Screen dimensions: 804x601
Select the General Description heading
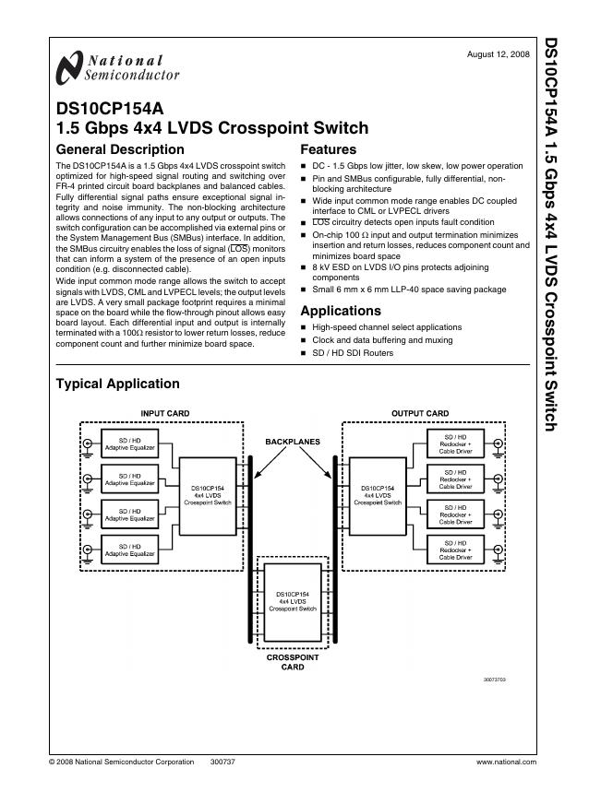click(120, 149)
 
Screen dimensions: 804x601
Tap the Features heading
click(329, 149)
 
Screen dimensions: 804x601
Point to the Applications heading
click(341, 311)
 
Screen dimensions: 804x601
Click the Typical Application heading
click(118, 384)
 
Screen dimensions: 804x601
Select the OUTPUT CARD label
click(420, 413)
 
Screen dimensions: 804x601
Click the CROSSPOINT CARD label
click(292, 661)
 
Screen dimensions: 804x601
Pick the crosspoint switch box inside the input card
click(205, 496)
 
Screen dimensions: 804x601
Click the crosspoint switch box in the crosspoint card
click(292, 601)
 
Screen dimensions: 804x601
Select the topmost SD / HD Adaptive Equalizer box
click(129, 443)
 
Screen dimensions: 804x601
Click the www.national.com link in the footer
click(506, 762)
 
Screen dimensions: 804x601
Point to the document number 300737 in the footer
click(223, 762)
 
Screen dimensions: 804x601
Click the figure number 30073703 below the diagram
click(494, 678)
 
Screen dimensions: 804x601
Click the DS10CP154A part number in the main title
click(109, 108)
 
